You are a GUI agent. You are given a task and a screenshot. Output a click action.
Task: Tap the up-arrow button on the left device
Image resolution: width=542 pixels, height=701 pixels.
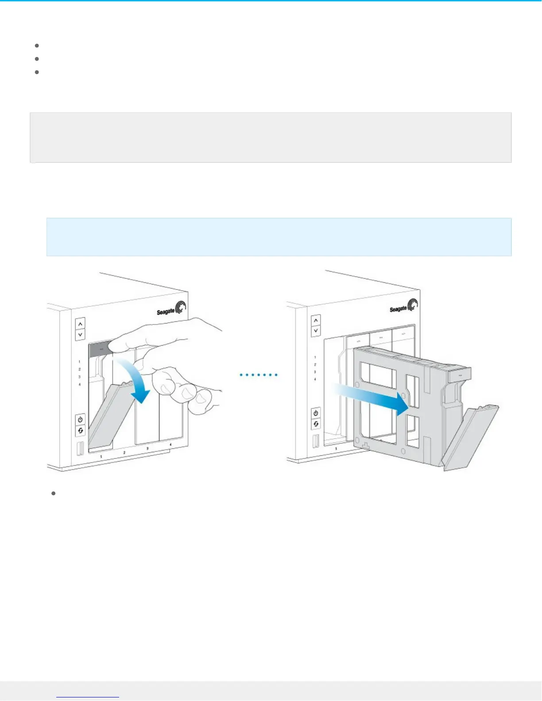click(x=80, y=324)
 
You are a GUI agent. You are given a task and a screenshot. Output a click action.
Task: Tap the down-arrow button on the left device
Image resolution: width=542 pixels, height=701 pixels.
click(x=80, y=335)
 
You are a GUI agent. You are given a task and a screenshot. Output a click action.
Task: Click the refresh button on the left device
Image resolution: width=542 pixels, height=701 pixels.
click(x=80, y=430)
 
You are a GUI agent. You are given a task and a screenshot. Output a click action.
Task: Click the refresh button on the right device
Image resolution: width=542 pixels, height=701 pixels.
click(x=316, y=424)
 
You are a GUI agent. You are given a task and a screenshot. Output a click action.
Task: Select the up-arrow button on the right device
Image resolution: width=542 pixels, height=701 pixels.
click(x=315, y=320)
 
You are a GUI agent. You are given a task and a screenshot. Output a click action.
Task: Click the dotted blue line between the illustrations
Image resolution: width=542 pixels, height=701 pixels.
click(x=259, y=375)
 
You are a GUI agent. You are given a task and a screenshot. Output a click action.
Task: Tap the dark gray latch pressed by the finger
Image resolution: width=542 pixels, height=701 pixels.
click(x=100, y=349)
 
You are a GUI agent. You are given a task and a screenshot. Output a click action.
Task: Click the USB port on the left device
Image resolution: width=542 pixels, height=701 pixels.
click(x=80, y=449)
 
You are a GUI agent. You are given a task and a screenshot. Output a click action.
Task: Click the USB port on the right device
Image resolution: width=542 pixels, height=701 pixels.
click(x=315, y=442)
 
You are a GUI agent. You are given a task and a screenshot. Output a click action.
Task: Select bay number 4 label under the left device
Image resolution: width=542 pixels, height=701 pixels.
click(x=170, y=444)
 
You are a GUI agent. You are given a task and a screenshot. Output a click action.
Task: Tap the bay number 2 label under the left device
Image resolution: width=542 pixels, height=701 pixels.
click(x=124, y=453)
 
